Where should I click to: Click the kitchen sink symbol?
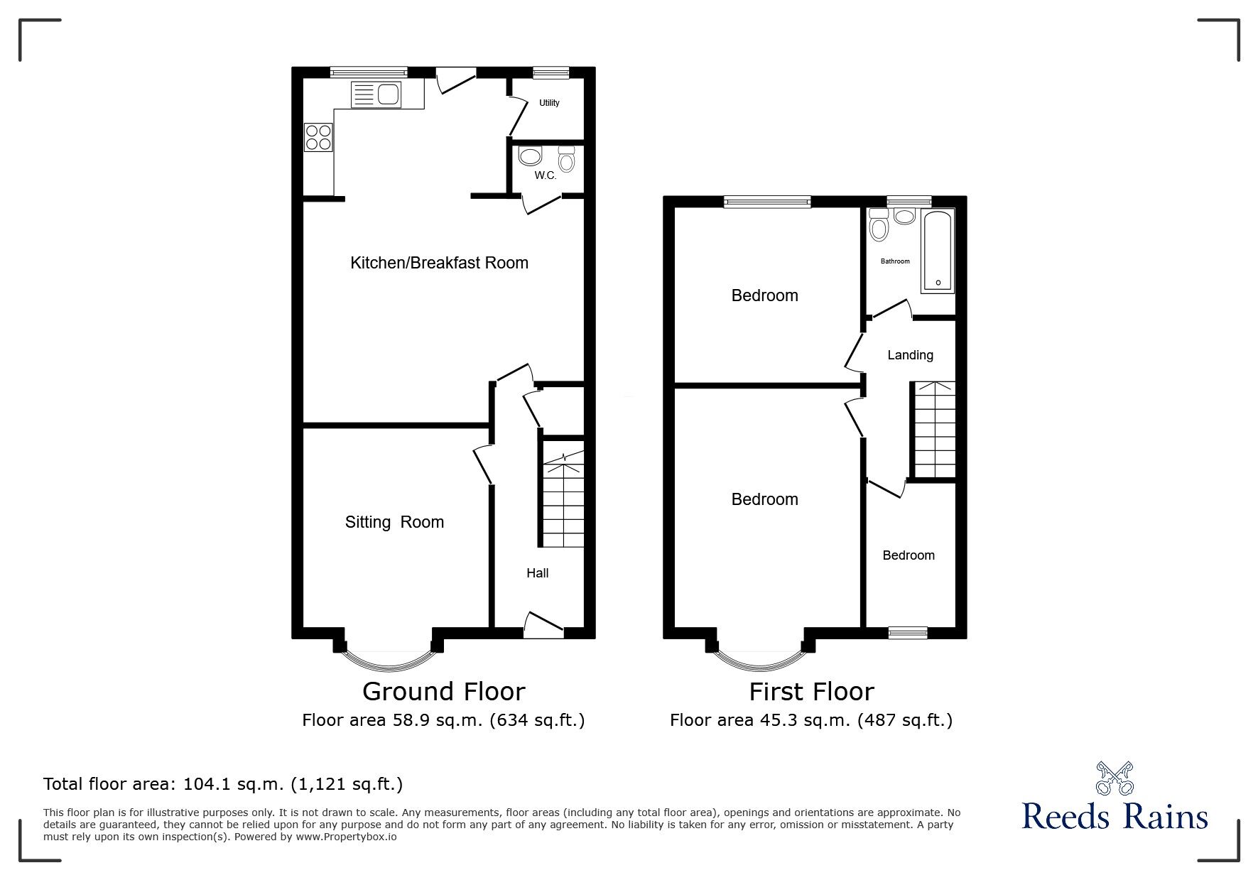point(377,94)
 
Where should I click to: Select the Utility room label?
point(549,103)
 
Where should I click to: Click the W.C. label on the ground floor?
point(546,175)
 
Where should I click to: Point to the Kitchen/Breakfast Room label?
point(439,263)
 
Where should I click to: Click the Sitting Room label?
point(394,522)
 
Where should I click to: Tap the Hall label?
point(537,573)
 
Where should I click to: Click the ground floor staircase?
point(563,504)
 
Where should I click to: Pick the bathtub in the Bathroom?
point(938,251)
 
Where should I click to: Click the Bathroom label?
point(895,261)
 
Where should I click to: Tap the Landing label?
point(910,355)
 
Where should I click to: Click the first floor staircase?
point(934,430)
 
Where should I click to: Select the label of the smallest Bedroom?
point(908,555)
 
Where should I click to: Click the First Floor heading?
point(811,691)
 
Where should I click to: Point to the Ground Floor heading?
point(443,691)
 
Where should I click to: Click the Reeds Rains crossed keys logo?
point(1115,778)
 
